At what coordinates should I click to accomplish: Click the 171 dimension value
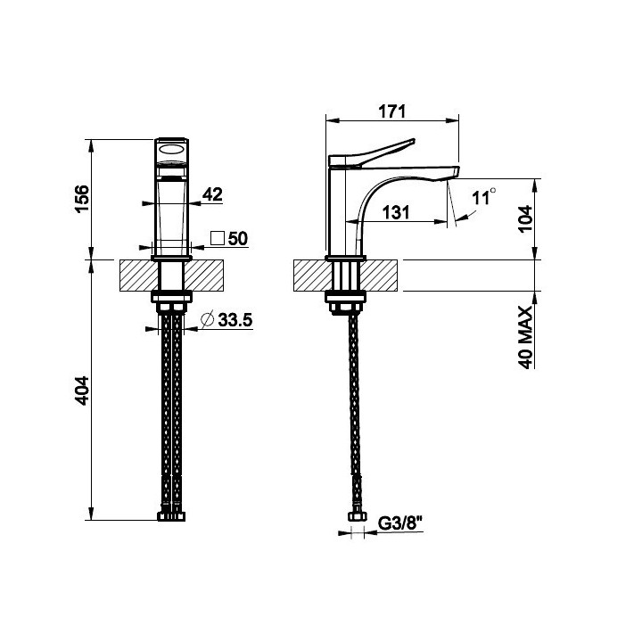tap(391, 111)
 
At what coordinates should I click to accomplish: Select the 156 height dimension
tap(82, 199)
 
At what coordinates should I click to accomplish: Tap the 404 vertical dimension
tap(82, 391)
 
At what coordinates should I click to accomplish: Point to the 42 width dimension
tap(212, 194)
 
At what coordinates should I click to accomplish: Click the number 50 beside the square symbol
tap(238, 239)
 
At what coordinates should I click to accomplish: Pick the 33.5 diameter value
tap(235, 320)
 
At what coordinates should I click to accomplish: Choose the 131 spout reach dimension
tap(396, 212)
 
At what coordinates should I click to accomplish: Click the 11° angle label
tap(484, 197)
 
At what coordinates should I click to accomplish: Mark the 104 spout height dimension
tap(526, 218)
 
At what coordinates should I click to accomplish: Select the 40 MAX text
tap(526, 337)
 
